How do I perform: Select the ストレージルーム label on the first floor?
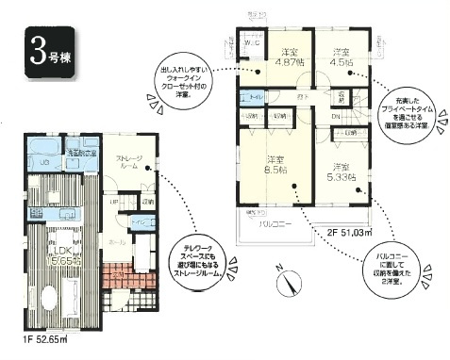[x=129, y=162]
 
